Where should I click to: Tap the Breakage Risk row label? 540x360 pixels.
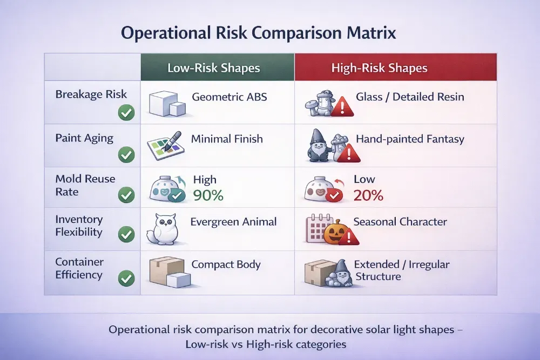(91, 94)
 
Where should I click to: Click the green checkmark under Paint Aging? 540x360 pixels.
(126, 155)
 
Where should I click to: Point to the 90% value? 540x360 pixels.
(208, 195)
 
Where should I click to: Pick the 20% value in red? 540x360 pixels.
(368, 195)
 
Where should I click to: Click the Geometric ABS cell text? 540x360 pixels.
(230, 98)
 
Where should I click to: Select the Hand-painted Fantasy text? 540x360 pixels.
(410, 139)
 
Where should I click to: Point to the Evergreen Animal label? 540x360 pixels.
(233, 221)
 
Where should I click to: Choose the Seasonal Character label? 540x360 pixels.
(400, 222)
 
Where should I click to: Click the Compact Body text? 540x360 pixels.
(226, 264)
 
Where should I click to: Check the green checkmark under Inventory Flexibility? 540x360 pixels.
(126, 235)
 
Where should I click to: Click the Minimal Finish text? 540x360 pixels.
(227, 139)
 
